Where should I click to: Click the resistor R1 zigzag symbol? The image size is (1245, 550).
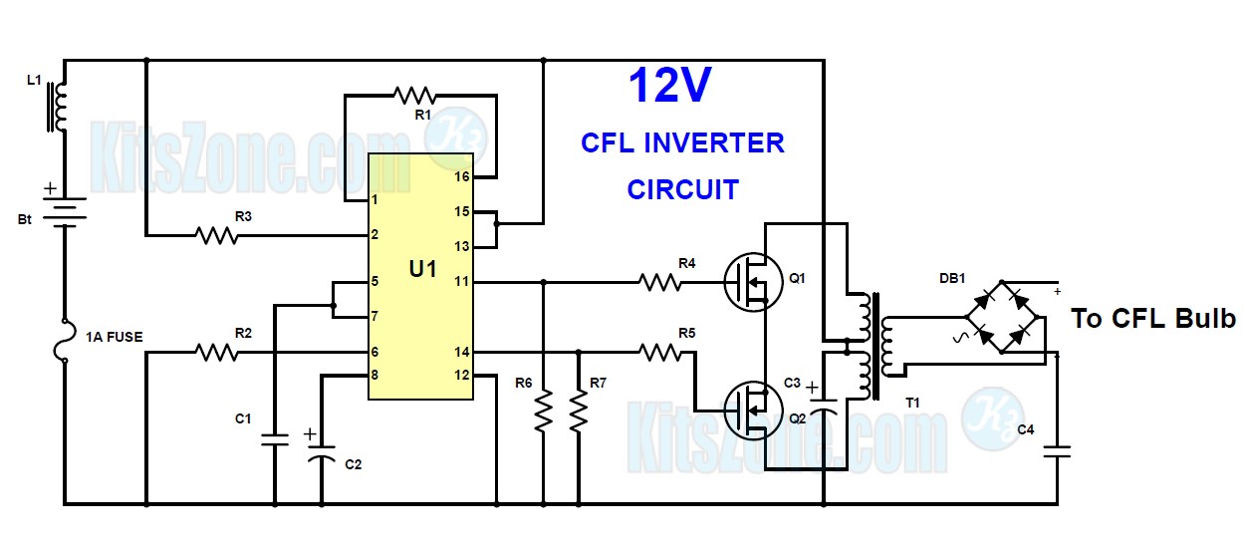[x=415, y=96]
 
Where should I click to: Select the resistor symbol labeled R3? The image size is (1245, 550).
[x=217, y=236]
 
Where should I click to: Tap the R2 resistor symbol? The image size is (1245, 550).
[x=217, y=352]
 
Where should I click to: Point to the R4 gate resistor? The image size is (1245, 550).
[x=659, y=283]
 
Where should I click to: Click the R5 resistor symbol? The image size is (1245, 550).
[x=659, y=352]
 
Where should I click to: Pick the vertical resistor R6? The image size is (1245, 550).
[x=544, y=411]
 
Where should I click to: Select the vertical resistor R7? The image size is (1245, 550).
[x=579, y=411]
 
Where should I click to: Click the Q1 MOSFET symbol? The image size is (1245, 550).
[x=753, y=282]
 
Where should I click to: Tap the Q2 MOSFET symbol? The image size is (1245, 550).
[x=753, y=411]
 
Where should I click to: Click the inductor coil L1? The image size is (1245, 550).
[x=58, y=107]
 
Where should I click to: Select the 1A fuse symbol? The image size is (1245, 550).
[x=65, y=341]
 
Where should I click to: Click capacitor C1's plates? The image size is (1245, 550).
[x=275, y=439]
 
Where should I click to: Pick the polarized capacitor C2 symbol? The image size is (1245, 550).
[x=322, y=451]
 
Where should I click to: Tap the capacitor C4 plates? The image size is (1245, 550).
[x=1057, y=451]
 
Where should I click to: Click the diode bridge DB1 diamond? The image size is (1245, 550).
[x=1002, y=317]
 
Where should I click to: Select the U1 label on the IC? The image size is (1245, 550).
[x=422, y=269]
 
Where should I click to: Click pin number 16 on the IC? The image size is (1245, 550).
[x=462, y=176]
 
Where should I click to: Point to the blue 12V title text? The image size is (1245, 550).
[x=669, y=85]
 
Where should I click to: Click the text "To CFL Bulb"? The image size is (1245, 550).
[x=1153, y=319]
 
